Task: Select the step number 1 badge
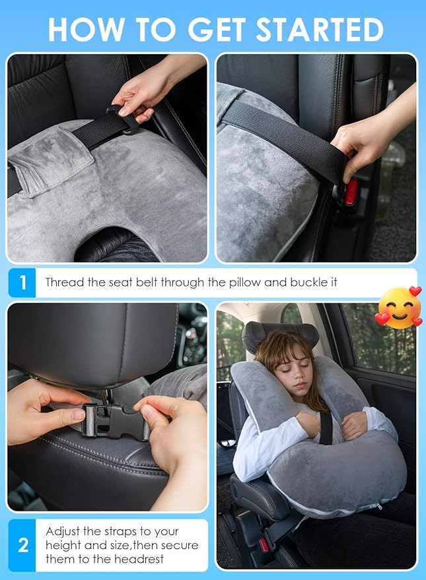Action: pyautogui.click(x=22, y=283)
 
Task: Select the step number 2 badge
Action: pyautogui.click(x=22, y=545)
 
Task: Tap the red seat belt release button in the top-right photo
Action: pyautogui.click(x=351, y=192)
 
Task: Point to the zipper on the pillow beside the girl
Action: pyautogui.click(x=376, y=506)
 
